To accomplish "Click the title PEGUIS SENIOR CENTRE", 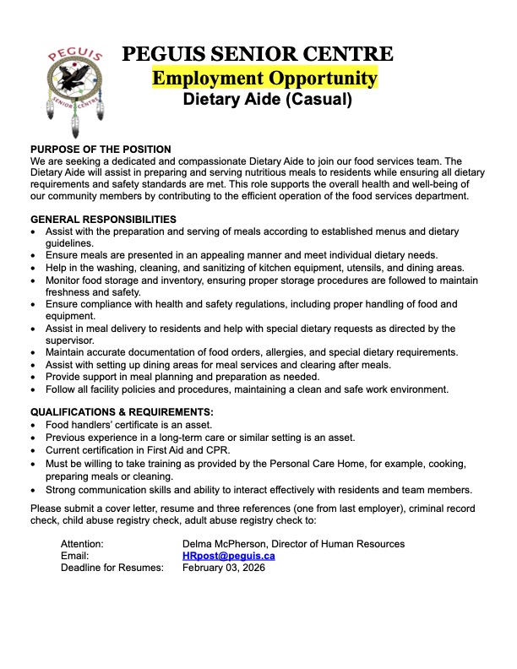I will tap(258, 55).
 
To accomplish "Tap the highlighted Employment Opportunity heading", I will tap(264, 79).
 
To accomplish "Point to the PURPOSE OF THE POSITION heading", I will tap(101, 150).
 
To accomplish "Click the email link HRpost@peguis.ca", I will tap(228, 556).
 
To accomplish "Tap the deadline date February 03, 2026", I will tap(224, 568).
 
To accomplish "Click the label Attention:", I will tap(82, 544).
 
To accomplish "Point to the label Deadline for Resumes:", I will tap(112, 568).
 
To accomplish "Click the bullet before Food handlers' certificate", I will tap(33, 425).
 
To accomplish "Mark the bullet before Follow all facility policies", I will tap(33, 389).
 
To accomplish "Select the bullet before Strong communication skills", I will tap(33, 489).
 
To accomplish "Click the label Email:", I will tap(74, 556).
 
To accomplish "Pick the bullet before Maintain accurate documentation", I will tap(33, 352).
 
